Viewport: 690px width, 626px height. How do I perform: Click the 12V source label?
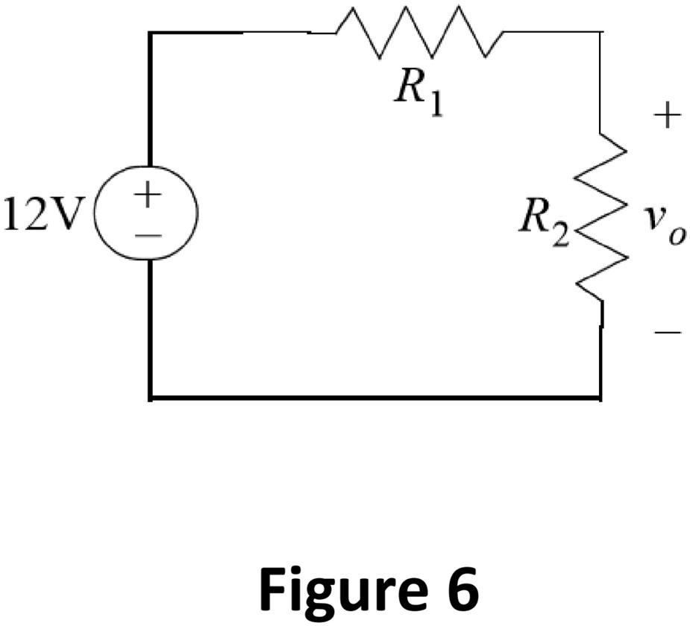tap(42, 214)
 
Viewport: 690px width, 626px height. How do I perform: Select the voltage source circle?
tap(148, 214)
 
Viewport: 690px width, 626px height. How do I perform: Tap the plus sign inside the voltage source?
tap(148, 195)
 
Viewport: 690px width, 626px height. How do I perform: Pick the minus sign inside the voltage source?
tap(148, 235)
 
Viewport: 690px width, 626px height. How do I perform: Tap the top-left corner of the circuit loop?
tap(150, 33)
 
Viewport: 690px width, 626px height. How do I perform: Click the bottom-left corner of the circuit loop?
tap(150, 398)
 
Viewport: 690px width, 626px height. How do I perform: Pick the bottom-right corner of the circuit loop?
tap(600, 398)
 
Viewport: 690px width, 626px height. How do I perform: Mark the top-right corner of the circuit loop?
tap(600, 32)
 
